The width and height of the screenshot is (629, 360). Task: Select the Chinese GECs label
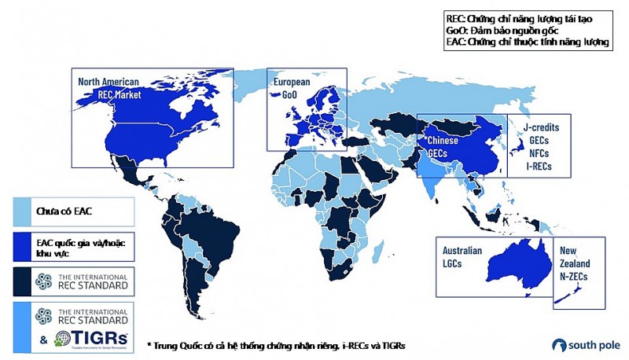coord(440,145)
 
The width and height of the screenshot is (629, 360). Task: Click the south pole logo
coord(585,344)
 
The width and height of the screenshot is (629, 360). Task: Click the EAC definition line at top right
coord(527,42)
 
